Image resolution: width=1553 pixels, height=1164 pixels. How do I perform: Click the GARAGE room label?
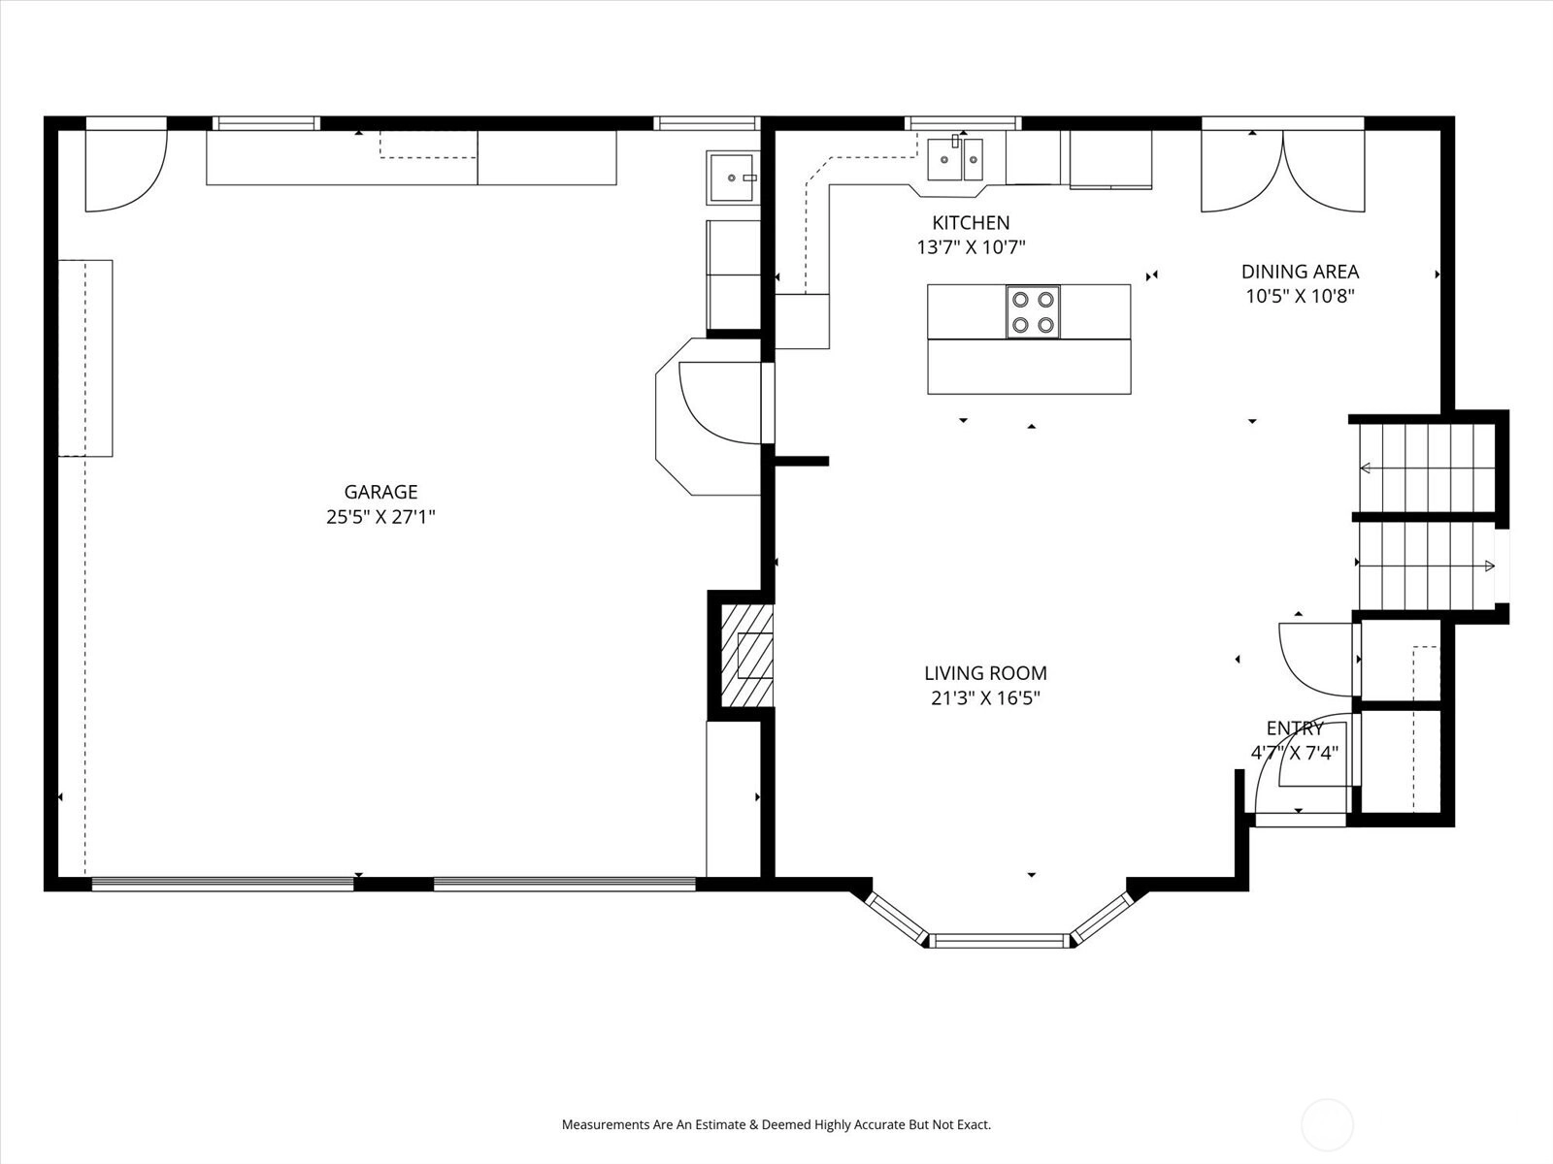tap(380, 492)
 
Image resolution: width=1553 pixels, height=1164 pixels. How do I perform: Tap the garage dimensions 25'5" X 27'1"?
tap(380, 517)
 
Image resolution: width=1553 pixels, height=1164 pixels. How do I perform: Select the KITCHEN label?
tap(971, 223)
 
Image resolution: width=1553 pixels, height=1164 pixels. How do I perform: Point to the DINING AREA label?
tap(1300, 272)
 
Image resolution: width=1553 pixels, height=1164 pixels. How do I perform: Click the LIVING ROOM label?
tap(985, 673)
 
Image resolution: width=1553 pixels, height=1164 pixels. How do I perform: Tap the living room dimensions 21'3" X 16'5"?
tap(985, 698)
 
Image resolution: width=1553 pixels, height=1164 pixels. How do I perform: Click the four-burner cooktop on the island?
tap(1033, 311)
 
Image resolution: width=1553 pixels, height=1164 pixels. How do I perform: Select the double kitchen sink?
tap(955, 160)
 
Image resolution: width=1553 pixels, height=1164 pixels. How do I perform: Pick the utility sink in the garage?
tap(732, 178)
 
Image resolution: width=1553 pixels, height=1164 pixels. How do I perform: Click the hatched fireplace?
tap(747, 656)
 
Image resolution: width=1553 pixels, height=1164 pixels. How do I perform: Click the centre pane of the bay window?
tap(999, 940)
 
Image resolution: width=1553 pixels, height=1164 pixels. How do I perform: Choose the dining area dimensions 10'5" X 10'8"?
tap(1300, 296)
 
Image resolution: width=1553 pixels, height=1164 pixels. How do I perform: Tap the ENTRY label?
tap(1295, 727)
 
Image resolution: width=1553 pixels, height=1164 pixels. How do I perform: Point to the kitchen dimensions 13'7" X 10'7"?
tap(971, 248)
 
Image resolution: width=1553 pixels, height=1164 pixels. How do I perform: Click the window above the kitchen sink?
tap(962, 124)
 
